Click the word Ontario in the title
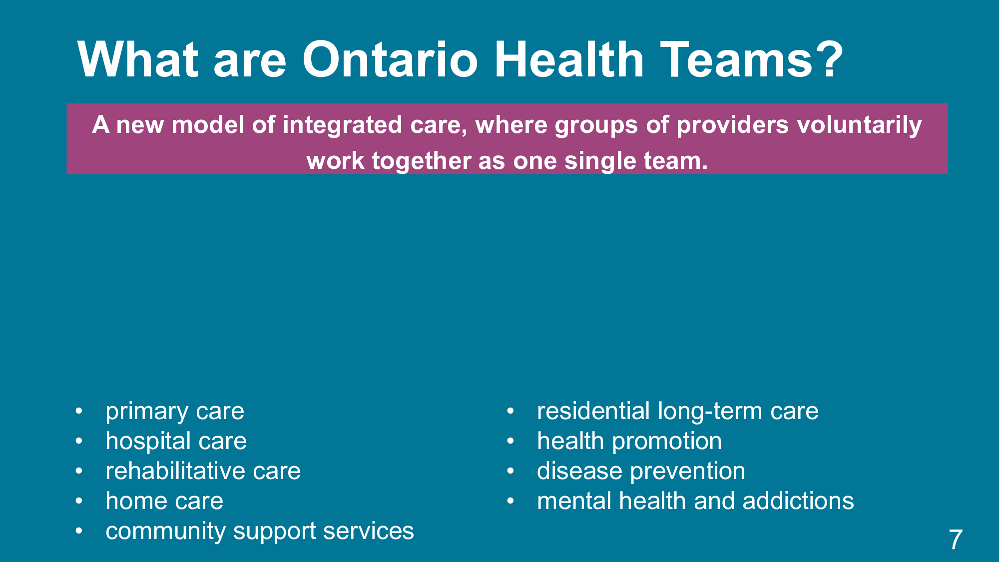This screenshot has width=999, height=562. coord(390,59)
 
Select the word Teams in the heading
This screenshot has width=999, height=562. coord(737,59)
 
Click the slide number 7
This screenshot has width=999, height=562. coord(956,540)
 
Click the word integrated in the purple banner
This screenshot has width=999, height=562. coord(343,125)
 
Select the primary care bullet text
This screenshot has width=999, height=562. coord(175,412)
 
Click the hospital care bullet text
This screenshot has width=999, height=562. coord(176,441)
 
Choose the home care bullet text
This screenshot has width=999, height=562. coord(164,501)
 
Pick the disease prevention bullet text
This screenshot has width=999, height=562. coord(641,472)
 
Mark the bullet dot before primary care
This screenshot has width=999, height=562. coord(79,412)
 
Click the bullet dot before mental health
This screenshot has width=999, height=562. coord(510,501)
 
